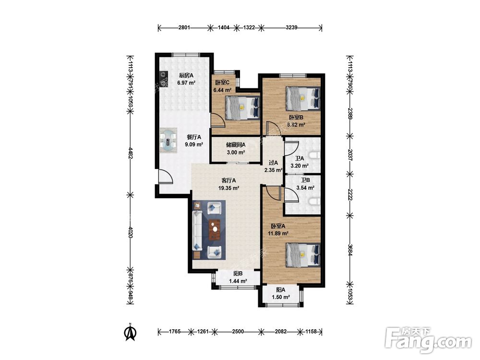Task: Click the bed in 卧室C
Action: coord(242,108)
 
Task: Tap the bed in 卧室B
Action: coord(303,98)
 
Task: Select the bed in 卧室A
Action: coord(303,255)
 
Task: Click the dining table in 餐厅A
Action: coord(168,141)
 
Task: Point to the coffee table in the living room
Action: coord(215,229)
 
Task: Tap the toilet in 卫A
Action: coord(314,156)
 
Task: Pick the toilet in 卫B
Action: coord(314,202)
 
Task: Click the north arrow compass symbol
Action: coord(130,333)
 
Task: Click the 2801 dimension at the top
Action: coord(184,27)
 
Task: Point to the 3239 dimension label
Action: coord(291,27)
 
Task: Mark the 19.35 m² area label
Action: coord(228,188)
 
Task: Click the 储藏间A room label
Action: coord(236,145)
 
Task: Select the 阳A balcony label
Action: coord(281,289)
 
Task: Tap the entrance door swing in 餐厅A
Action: coord(165,177)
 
